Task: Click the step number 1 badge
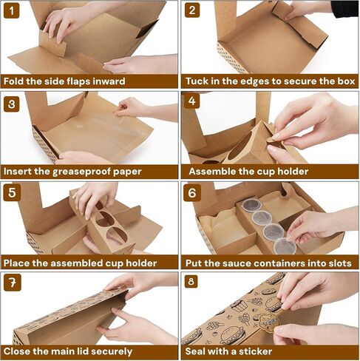11,10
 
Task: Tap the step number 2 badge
192,10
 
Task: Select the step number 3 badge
12,104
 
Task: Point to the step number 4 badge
192,101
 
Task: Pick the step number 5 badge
12,193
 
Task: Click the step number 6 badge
192,193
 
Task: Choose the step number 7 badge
13,283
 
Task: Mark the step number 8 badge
191,281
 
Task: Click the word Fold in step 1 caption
13,81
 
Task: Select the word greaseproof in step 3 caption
81,172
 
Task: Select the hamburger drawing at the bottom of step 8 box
232,335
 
